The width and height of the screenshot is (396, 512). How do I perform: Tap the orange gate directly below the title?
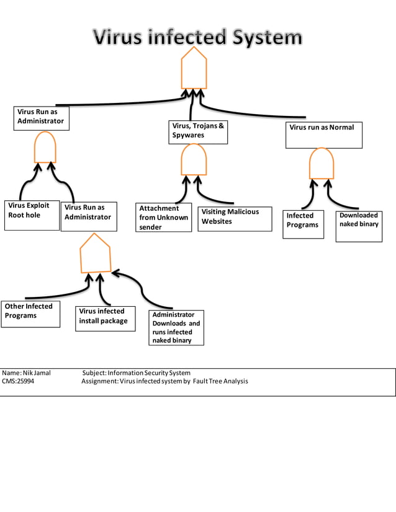(194, 69)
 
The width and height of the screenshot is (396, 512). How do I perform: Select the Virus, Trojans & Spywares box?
(198, 132)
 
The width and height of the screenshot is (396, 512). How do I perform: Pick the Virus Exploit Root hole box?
(32, 214)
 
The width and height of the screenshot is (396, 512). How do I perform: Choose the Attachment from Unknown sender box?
(164, 218)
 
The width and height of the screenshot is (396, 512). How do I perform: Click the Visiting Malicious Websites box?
(235, 219)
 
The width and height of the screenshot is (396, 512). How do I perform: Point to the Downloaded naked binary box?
(359, 226)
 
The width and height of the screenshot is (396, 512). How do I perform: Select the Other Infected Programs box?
(30, 314)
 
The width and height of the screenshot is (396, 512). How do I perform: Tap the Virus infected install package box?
(105, 319)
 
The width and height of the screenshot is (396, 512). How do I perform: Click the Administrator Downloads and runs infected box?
(178, 327)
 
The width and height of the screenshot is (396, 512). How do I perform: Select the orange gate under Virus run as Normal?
(322, 164)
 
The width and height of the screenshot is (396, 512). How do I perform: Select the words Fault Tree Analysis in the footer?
(220, 381)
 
